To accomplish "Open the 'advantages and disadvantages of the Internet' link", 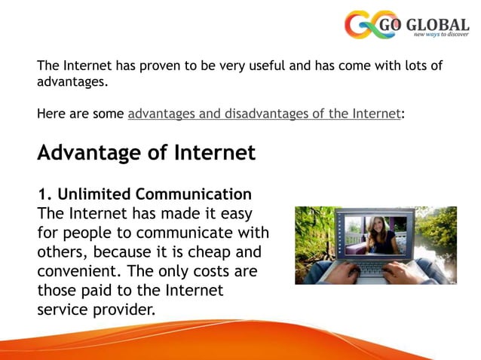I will (264, 114).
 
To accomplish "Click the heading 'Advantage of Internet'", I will (146, 153).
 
